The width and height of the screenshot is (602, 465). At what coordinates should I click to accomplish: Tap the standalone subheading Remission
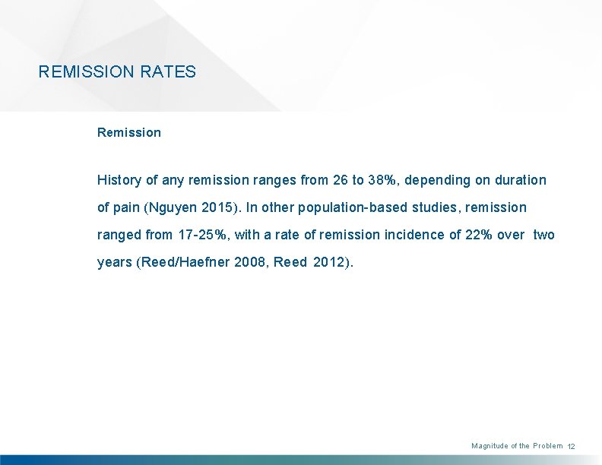(129, 132)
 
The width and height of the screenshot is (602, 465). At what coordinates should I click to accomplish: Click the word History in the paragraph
(119, 180)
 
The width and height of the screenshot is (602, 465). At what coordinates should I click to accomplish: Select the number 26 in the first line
(340, 180)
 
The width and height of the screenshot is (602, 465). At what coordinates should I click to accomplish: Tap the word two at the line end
(543, 235)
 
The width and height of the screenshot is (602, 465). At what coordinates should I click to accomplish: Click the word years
(114, 262)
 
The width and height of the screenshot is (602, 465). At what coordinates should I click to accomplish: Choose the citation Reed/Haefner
(182, 262)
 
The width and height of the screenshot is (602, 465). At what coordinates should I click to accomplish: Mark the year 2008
(250, 262)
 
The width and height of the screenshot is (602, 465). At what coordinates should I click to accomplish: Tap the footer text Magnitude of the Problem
(517, 446)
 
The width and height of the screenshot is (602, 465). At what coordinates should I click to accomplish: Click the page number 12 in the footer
(572, 447)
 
